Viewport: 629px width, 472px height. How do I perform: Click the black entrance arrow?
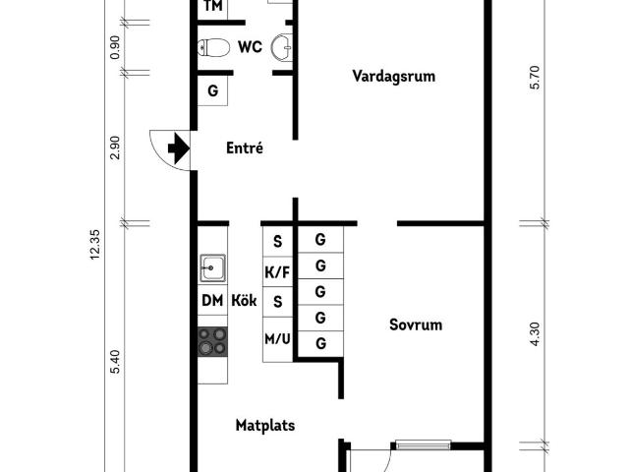tap(179, 148)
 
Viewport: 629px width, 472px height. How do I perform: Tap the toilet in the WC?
tap(213, 48)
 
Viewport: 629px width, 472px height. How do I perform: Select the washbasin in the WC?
tap(282, 47)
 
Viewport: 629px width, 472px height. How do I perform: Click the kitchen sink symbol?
tap(212, 267)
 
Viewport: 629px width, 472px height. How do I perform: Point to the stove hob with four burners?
tap(212, 341)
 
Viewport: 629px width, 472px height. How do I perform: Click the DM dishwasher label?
tap(212, 300)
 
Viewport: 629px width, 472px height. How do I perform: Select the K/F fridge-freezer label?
tap(277, 272)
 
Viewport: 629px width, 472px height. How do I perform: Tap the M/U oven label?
tap(277, 339)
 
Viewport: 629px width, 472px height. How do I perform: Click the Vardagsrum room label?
tap(394, 76)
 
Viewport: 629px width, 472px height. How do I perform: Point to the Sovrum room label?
tap(416, 324)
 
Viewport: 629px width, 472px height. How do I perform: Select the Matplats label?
tap(265, 426)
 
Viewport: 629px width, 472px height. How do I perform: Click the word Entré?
tap(245, 147)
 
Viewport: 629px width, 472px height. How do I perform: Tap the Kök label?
tap(244, 300)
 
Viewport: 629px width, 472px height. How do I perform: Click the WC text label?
tap(250, 47)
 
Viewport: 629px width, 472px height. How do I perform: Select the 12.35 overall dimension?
tap(95, 245)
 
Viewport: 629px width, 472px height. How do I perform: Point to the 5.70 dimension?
tap(536, 77)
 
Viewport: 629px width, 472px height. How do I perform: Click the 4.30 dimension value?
tap(536, 334)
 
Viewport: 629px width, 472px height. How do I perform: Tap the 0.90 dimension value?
tap(115, 47)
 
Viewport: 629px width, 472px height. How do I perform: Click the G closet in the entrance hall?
tap(212, 90)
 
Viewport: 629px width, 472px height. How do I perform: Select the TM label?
tap(213, 6)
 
